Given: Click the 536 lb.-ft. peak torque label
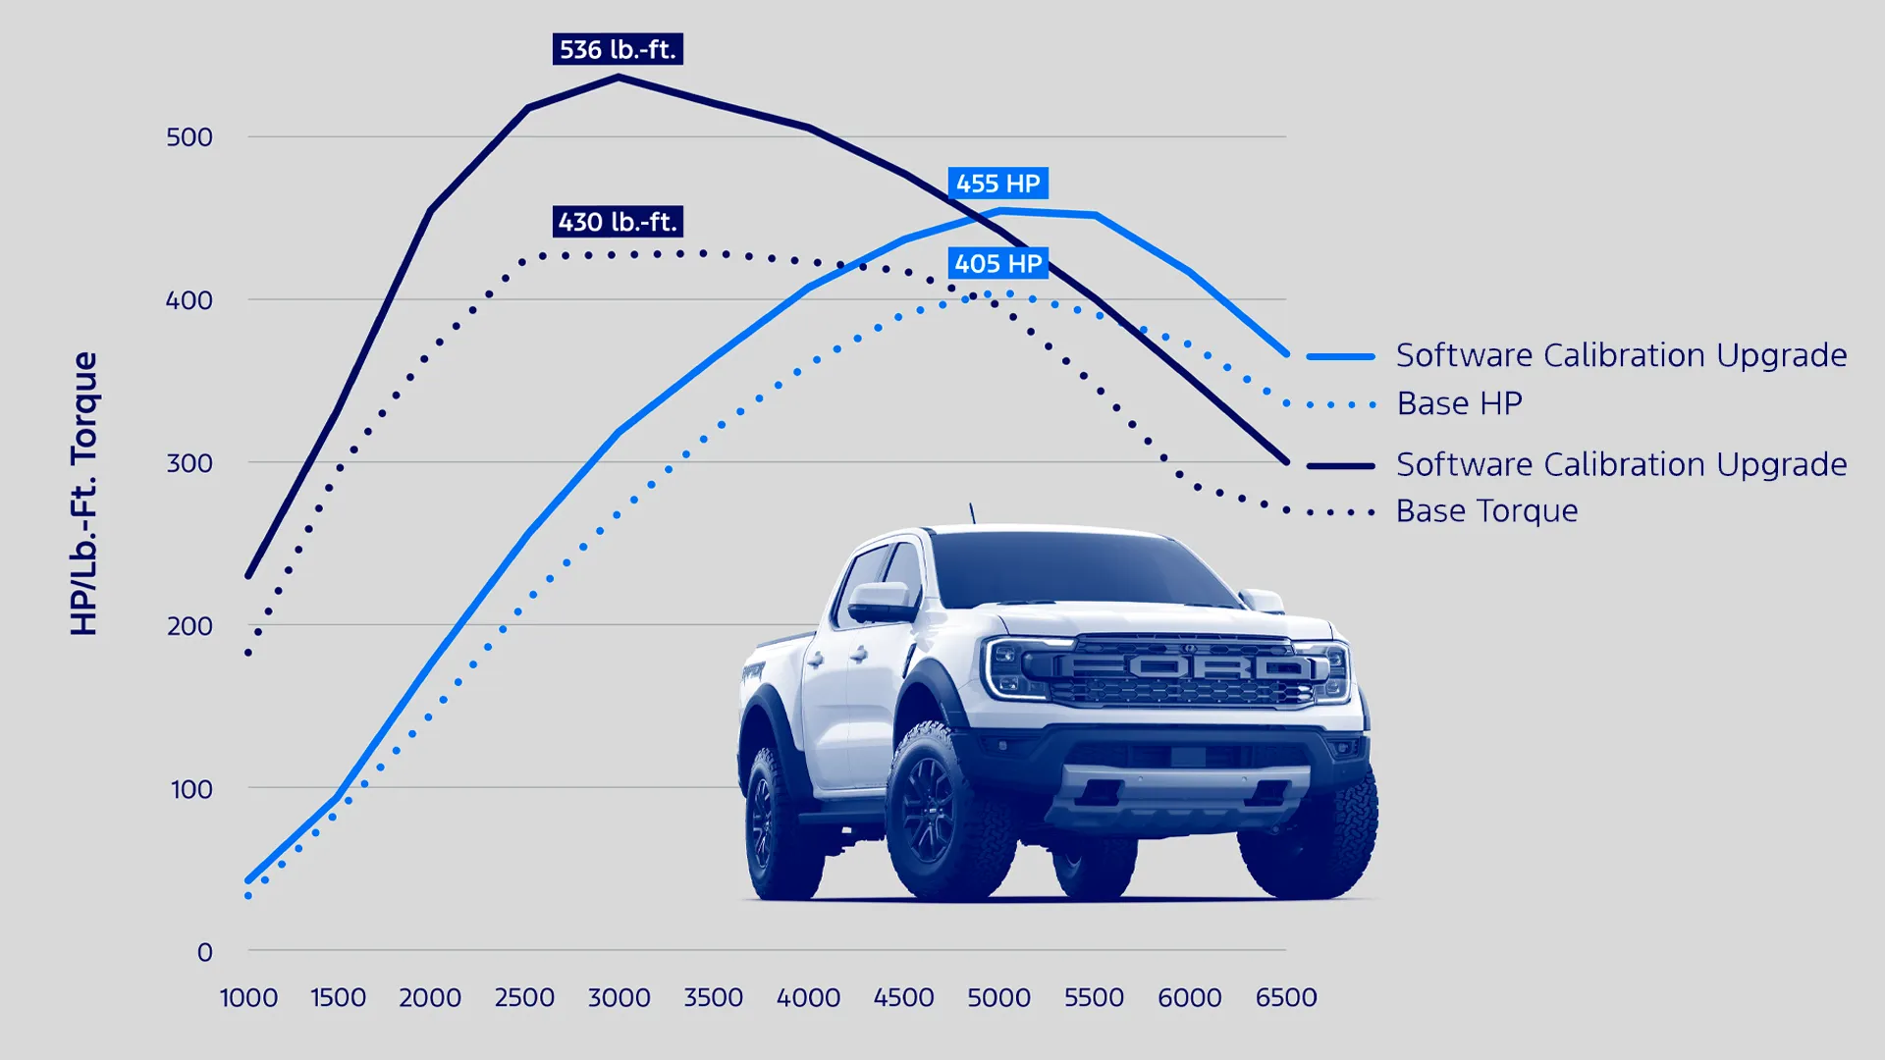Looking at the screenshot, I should (618, 49).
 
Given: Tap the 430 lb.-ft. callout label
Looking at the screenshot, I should (618, 222).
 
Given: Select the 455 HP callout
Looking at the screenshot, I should (997, 184).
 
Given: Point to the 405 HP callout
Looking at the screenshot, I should (997, 264).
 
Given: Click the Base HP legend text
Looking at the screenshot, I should (1459, 403).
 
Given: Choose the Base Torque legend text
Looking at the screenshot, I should (1486, 511).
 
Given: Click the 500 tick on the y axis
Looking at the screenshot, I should (189, 137).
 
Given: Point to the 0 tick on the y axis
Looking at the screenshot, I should (204, 952).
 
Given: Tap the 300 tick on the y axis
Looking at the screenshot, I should (189, 463).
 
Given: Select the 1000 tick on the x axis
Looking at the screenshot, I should (248, 998).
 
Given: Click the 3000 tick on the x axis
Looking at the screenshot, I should (619, 998).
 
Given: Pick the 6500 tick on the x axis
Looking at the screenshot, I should (1286, 998).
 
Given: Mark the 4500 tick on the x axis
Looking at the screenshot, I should (903, 998).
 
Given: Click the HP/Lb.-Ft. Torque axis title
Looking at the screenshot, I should (84, 494).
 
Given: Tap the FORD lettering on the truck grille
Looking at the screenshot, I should (1186, 667).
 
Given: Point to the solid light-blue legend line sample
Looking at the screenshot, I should (1340, 356).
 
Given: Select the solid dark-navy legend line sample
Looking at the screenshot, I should (1340, 465).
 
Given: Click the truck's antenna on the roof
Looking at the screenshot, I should (972, 513).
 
